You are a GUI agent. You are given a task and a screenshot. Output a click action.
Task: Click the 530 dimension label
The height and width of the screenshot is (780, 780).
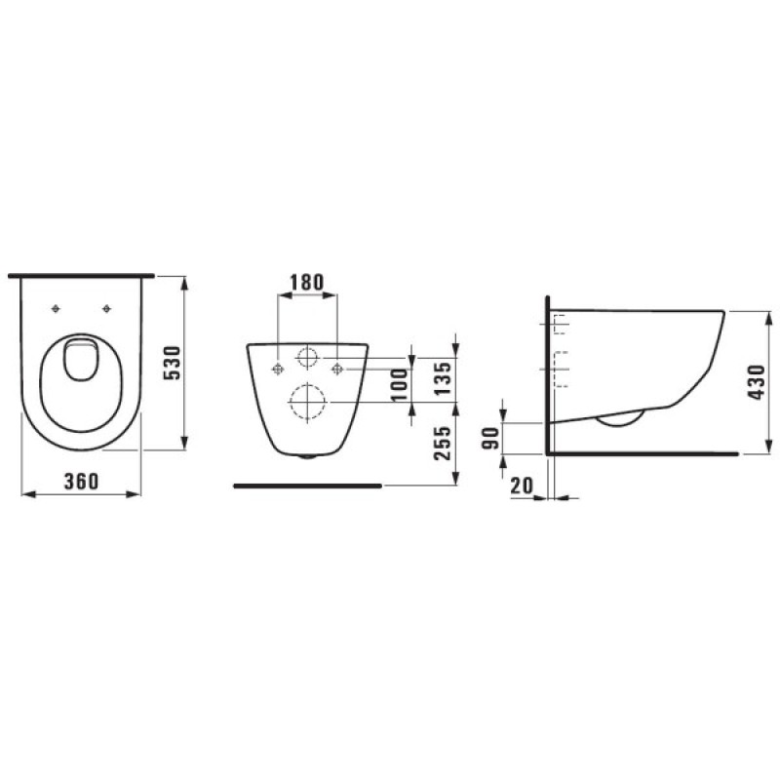click(173, 363)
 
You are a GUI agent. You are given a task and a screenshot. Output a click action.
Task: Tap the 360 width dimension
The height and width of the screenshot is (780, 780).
click(82, 481)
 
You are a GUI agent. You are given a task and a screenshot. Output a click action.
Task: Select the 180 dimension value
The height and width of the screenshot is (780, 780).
click(307, 282)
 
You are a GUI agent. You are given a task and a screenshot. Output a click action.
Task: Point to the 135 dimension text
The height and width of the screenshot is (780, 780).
click(443, 378)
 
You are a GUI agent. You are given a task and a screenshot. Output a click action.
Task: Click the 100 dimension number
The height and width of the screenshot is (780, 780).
click(399, 384)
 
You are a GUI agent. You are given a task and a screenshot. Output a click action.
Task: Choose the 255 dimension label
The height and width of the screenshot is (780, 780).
click(443, 443)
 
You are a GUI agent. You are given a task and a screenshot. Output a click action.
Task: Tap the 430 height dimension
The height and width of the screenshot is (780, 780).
click(757, 382)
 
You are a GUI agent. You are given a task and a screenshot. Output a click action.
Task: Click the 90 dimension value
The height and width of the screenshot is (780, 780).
click(491, 438)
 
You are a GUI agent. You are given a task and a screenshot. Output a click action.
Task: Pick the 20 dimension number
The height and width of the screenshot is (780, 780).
click(522, 485)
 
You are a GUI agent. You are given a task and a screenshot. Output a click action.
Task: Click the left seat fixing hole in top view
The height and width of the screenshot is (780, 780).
click(56, 309)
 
